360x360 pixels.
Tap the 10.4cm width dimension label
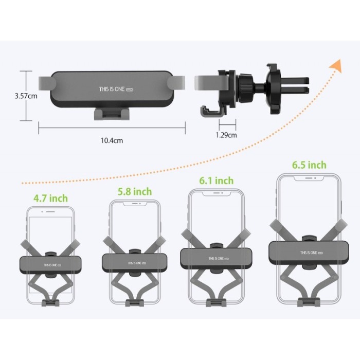113,139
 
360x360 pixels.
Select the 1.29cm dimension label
226,135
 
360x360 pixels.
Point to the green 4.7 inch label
50,198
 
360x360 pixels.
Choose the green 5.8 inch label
135,191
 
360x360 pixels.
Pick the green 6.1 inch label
217,181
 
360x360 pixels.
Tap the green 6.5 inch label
309,165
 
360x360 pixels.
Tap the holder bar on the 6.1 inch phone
216,258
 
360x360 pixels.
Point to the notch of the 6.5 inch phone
309,179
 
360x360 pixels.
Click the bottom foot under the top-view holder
112,113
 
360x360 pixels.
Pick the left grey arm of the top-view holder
45,83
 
